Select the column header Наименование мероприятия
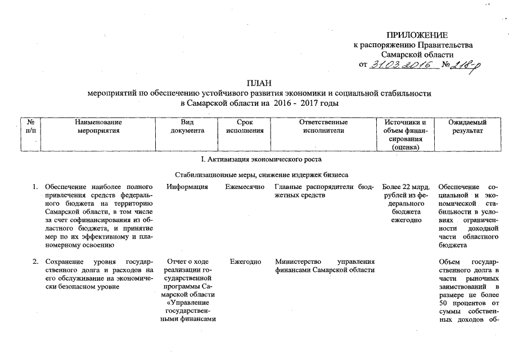point(98,126)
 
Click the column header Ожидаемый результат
point(467,126)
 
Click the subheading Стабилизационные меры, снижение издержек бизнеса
point(261,175)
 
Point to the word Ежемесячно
point(244,187)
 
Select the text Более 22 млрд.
point(406,187)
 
